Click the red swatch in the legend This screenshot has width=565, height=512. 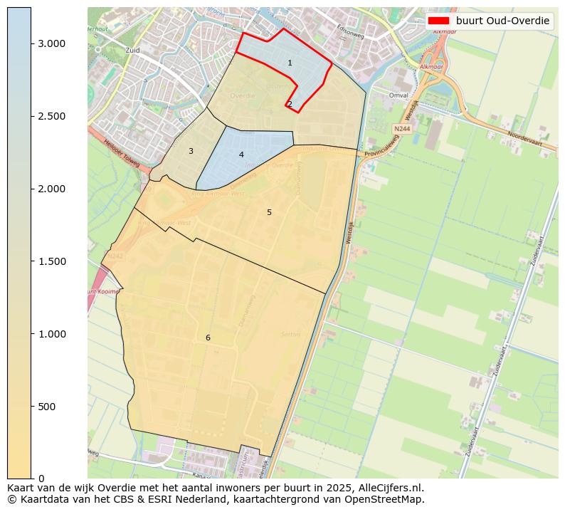pos(438,21)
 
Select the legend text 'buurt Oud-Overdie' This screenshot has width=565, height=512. pos(502,21)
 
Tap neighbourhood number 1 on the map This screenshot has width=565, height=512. pos(290,63)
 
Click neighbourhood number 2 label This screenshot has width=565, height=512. pos(290,104)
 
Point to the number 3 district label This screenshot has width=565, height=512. pos(191,151)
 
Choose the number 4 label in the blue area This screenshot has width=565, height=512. pos(241,155)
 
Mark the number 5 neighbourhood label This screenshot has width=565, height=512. pos(269,212)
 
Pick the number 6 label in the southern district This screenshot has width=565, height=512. pos(208,338)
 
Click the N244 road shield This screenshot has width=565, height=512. pos(401,129)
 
